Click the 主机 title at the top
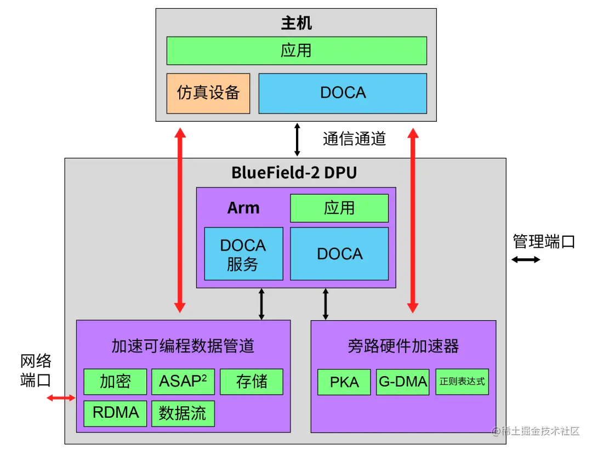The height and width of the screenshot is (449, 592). [x=296, y=24]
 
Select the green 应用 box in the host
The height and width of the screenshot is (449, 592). [x=296, y=51]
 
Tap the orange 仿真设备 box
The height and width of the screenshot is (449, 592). [x=208, y=93]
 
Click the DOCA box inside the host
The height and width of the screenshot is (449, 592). [x=343, y=93]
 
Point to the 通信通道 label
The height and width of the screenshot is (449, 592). [x=355, y=139]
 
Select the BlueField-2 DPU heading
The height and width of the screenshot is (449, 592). [x=294, y=173]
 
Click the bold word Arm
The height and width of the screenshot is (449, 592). [x=243, y=208]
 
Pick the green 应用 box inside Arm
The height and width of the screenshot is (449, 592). [x=339, y=208]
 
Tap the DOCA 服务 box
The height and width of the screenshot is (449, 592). [x=243, y=254]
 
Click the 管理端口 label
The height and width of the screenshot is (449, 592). [x=544, y=242]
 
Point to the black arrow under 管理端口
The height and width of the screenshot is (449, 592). [x=526, y=259]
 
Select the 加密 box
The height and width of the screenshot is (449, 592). [x=115, y=382]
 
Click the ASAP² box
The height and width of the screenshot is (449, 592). [x=183, y=382]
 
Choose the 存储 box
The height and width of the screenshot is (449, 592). [x=252, y=382]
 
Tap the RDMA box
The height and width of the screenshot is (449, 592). [x=115, y=413]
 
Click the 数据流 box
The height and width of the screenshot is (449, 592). [x=183, y=413]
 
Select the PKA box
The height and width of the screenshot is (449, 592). [x=344, y=382]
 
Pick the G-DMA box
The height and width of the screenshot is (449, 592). [x=403, y=382]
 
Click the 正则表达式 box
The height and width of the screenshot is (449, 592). [x=462, y=382]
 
